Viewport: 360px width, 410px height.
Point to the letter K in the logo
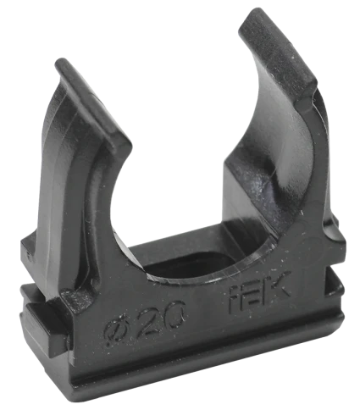click(x=278, y=286)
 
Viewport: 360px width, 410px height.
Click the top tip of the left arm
click(x=62, y=60)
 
